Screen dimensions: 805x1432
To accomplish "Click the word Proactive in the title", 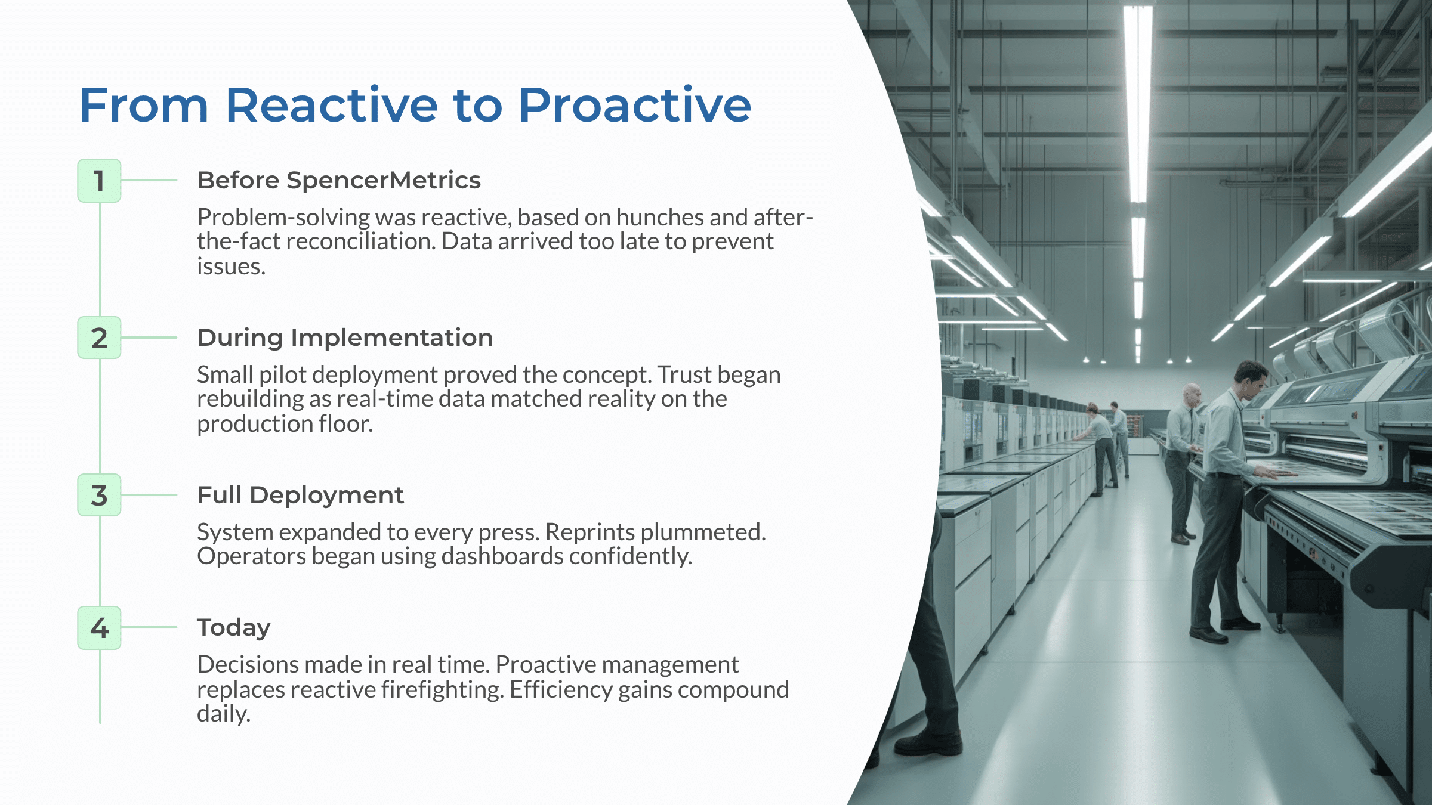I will point(634,106).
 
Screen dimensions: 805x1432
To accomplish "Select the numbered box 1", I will point(99,181).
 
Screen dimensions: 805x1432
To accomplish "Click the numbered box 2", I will point(99,338).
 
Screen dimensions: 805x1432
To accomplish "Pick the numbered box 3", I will point(99,496).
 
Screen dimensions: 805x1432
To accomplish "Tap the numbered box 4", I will point(99,628).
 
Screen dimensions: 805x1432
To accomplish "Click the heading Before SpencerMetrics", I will point(338,180).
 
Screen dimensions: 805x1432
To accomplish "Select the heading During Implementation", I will point(345,338).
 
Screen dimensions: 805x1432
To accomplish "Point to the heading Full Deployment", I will point(300,495).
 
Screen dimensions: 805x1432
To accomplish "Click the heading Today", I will point(233,627).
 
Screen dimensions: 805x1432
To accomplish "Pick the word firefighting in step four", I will point(442,690).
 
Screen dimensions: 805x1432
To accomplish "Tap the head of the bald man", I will point(1193,394).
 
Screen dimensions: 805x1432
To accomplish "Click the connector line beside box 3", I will point(149,495).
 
